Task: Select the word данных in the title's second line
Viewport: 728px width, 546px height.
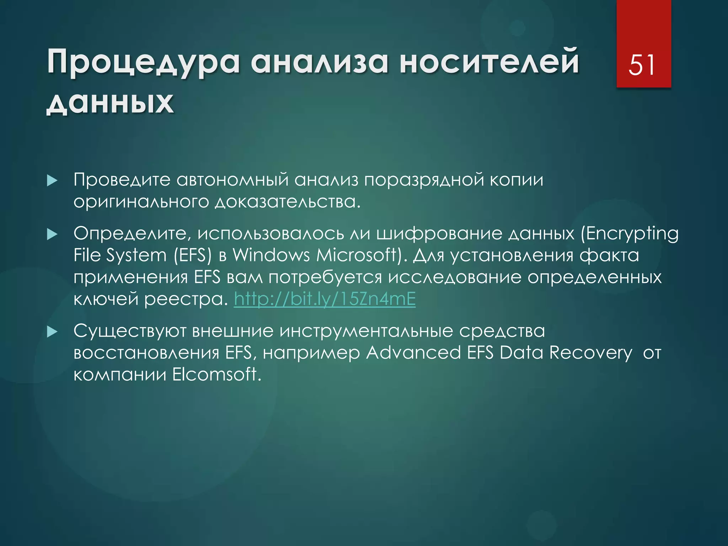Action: pyautogui.click(x=110, y=103)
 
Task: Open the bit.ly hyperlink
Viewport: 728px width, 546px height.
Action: pyautogui.click(x=325, y=299)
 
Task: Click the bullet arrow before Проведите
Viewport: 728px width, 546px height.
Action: pyautogui.click(x=52, y=181)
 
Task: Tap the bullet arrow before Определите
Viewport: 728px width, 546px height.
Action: pyautogui.click(x=52, y=234)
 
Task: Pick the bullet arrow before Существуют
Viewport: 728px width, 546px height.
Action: pyautogui.click(x=52, y=332)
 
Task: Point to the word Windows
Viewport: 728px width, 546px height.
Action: pyautogui.click(x=271, y=255)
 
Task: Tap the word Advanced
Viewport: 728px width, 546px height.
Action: pyautogui.click(x=413, y=353)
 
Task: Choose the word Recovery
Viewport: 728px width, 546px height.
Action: pyautogui.click(x=590, y=353)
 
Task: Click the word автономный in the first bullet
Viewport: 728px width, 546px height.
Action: pyautogui.click(x=232, y=180)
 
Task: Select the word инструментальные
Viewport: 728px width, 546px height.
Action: pyautogui.click(x=366, y=331)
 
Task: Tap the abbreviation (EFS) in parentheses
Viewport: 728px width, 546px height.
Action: pyautogui.click(x=193, y=255)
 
